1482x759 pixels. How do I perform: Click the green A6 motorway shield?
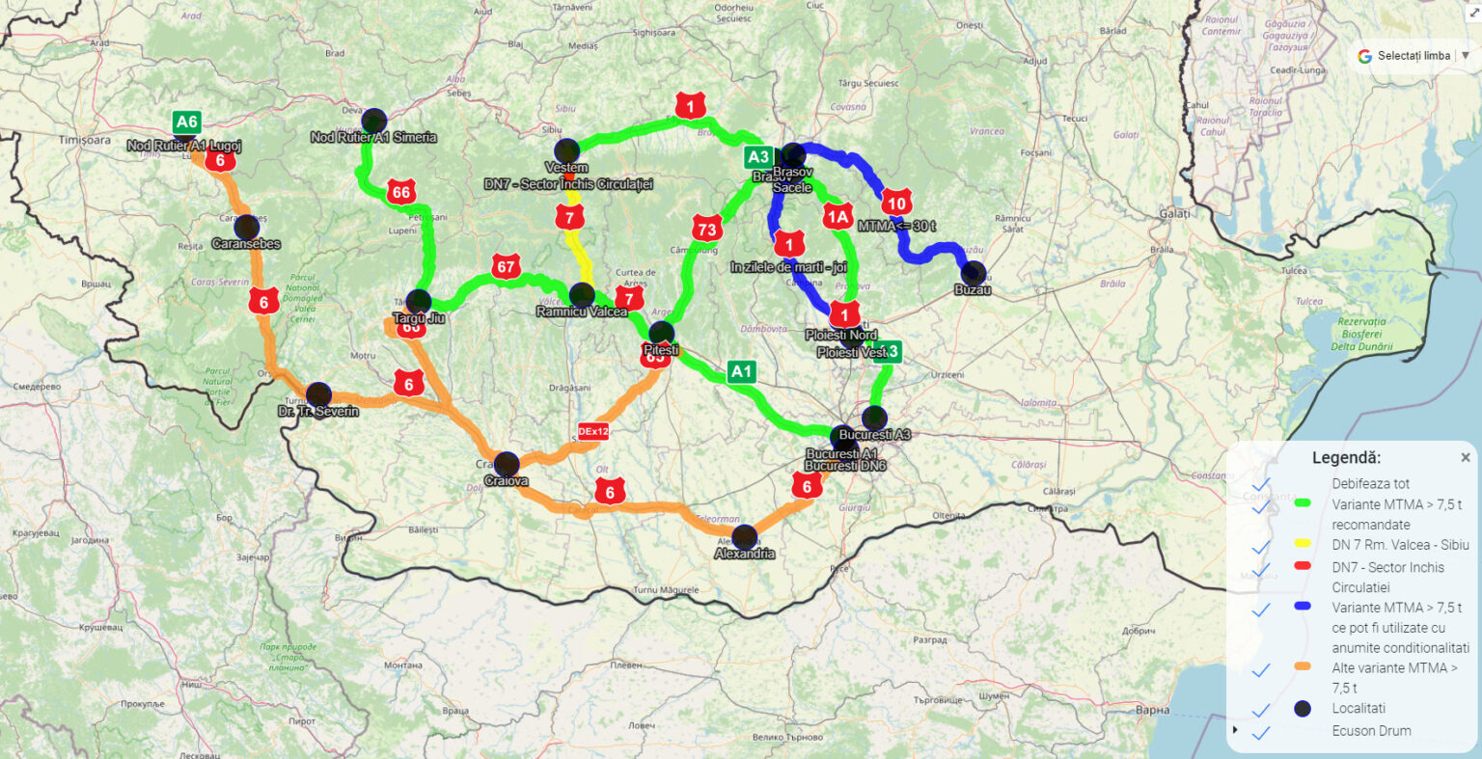186,122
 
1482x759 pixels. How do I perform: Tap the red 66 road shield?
401,192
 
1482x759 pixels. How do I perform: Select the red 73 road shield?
706,229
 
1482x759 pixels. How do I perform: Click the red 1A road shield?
837,217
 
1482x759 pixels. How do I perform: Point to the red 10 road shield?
896,203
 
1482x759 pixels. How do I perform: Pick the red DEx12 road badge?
593,431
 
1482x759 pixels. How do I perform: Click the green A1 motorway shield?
741,371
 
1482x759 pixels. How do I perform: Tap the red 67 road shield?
506,266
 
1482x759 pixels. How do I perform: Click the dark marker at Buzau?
974,273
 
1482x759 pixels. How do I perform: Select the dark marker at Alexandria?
744,537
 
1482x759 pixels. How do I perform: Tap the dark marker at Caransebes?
246,228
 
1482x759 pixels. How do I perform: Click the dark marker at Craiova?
507,464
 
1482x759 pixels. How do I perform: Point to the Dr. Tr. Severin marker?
318,394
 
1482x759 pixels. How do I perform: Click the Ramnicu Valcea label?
582,312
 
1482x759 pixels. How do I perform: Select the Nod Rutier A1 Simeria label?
373,138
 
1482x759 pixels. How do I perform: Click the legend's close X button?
1466,458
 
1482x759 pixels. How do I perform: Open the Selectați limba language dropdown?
1413,56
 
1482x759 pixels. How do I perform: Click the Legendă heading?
1346,458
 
